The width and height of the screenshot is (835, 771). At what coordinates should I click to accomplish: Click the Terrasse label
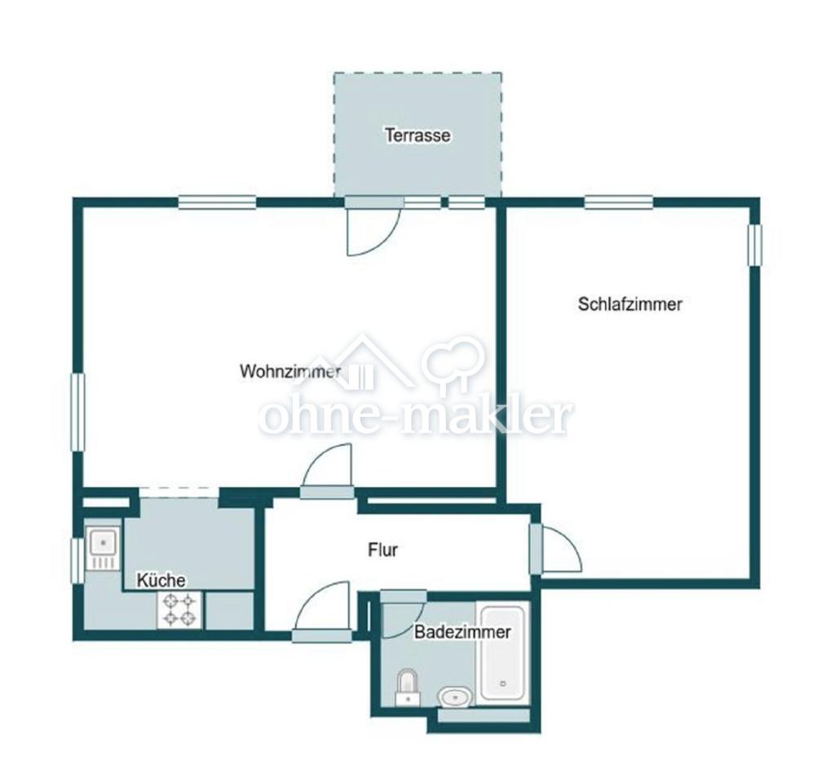pyautogui.click(x=417, y=135)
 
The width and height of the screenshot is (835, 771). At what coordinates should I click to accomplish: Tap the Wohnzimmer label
pyautogui.click(x=290, y=371)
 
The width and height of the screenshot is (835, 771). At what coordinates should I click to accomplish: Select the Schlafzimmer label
pyautogui.click(x=630, y=304)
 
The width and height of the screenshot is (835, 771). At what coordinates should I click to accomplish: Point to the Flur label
pyautogui.click(x=383, y=549)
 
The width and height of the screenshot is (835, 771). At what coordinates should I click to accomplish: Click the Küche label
pyautogui.click(x=161, y=580)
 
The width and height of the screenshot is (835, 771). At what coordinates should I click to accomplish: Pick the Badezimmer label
pyautogui.click(x=462, y=632)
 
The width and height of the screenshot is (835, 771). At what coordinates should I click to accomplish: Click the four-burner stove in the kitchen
pyautogui.click(x=180, y=610)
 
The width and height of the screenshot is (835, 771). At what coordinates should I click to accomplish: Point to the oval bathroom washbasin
pyautogui.click(x=454, y=697)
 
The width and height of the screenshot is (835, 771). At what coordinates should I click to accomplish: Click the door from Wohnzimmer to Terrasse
pyautogui.click(x=373, y=228)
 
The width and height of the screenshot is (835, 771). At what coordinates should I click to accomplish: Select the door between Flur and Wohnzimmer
pyautogui.click(x=326, y=472)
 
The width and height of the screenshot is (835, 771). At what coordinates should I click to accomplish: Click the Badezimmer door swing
pyautogui.click(x=403, y=614)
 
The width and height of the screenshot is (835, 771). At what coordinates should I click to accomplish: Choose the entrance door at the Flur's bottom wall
pyautogui.click(x=321, y=611)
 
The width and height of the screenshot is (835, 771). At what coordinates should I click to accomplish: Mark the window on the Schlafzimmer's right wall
pyautogui.click(x=755, y=245)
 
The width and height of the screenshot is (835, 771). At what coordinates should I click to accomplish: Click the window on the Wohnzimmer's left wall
pyautogui.click(x=78, y=413)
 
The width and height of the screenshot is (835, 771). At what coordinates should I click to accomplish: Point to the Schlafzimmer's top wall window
pyautogui.click(x=619, y=202)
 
